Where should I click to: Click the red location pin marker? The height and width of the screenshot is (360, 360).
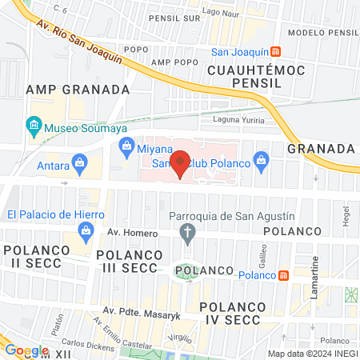(x=181, y=163)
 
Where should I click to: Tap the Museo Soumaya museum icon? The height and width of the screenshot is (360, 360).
(x=34, y=125)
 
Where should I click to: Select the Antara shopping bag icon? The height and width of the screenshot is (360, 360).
(x=79, y=166)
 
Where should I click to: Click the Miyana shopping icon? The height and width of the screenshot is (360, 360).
(x=126, y=146)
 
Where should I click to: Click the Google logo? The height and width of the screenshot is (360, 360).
(x=26, y=350)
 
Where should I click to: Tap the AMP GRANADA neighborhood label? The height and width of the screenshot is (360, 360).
(x=77, y=89)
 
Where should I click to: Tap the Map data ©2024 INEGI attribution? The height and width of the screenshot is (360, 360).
(x=312, y=354)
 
